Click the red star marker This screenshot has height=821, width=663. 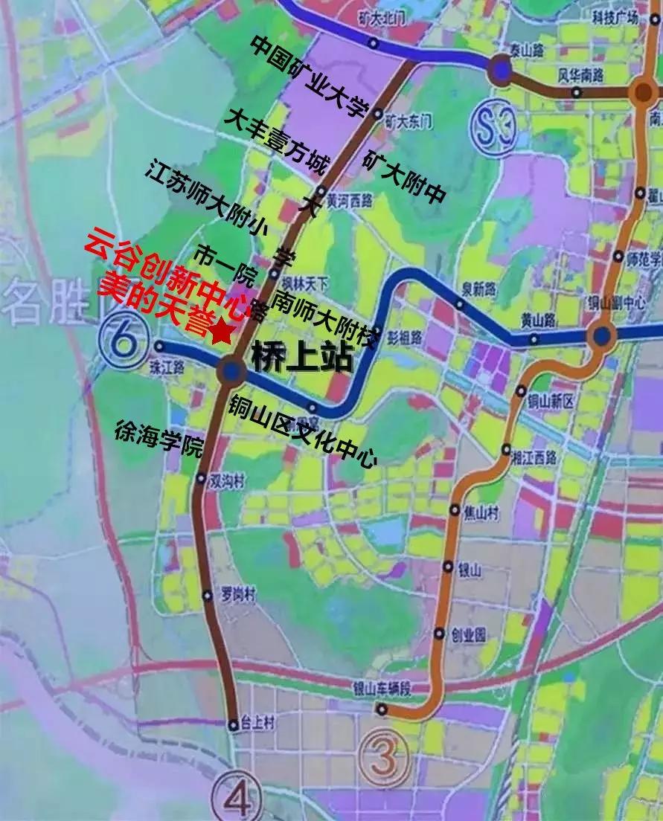(x=221, y=333)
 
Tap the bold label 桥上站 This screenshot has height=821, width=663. (x=301, y=358)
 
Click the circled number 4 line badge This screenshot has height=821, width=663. (x=237, y=797)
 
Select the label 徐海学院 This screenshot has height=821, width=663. (x=159, y=438)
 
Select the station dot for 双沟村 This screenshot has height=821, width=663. (x=200, y=480)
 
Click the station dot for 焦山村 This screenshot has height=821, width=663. (x=455, y=510)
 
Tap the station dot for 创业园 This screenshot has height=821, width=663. (x=440, y=634)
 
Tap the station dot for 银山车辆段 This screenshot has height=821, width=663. (x=381, y=709)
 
